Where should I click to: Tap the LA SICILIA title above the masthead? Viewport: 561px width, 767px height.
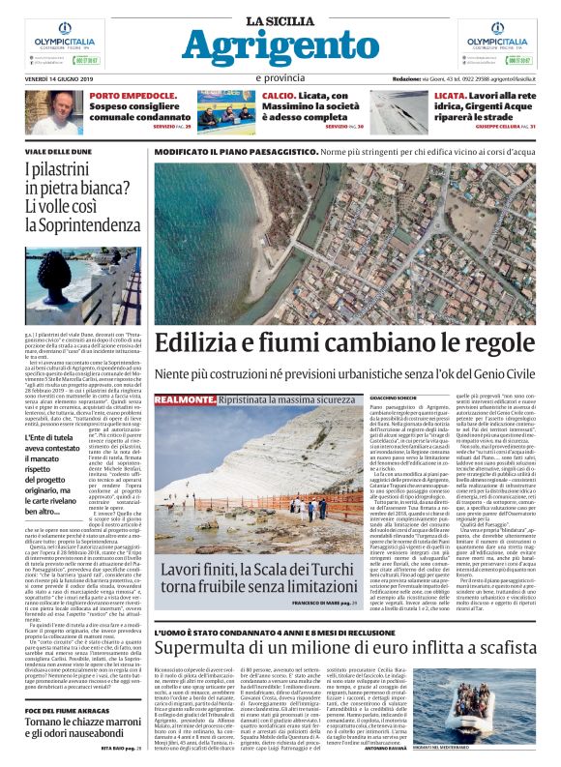click(x=280, y=20)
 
